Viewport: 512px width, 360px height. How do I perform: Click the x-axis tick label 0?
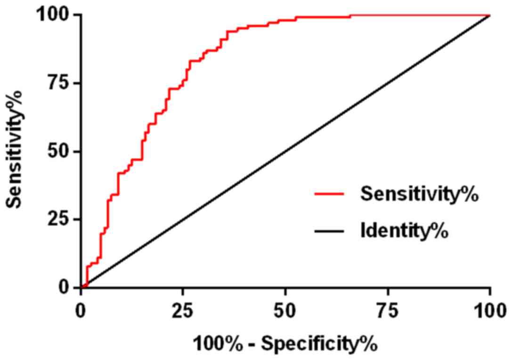click(x=81, y=311)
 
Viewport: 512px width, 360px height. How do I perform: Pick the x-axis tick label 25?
click(x=183, y=311)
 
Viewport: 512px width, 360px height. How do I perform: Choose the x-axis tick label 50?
click(x=285, y=311)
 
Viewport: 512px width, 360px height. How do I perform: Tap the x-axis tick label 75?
click(x=388, y=311)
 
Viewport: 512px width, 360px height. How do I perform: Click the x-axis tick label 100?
click(x=490, y=311)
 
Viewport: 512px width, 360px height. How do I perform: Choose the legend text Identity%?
click(x=404, y=231)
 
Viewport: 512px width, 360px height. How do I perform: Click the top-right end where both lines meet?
click(x=490, y=15)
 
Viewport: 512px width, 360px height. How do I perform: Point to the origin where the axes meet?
click(x=81, y=287)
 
